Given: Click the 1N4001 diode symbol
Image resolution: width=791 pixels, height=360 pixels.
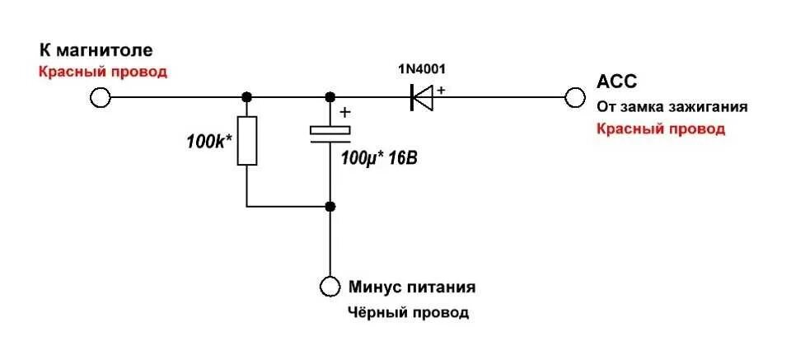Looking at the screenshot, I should click(422, 98).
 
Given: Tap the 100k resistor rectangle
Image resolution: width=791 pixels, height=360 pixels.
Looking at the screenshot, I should click(247, 140).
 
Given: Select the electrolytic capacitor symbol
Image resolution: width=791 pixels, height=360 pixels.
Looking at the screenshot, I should click(330, 134).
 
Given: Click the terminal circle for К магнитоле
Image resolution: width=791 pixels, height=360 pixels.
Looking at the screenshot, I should click(100, 98).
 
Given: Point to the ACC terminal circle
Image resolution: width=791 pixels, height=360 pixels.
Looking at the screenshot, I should click(574, 98).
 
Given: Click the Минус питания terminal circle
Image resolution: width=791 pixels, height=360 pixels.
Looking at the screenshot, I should click(330, 287).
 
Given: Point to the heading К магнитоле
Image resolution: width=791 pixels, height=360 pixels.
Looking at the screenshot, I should click(96, 49).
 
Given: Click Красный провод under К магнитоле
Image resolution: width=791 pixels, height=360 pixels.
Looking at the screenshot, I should click(103, 72).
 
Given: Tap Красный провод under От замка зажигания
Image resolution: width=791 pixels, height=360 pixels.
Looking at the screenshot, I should click(661, 129).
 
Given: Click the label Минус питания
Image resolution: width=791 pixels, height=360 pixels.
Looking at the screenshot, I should click(411, 288).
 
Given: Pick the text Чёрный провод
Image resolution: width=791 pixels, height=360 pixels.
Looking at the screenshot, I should click(408, 313).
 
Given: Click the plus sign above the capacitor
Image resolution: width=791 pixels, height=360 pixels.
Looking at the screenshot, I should click(344, 113).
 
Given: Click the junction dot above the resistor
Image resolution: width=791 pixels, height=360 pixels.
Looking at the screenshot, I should click(247, 98).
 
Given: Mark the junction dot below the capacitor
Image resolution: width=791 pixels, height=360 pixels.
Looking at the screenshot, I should click(330, 206).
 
